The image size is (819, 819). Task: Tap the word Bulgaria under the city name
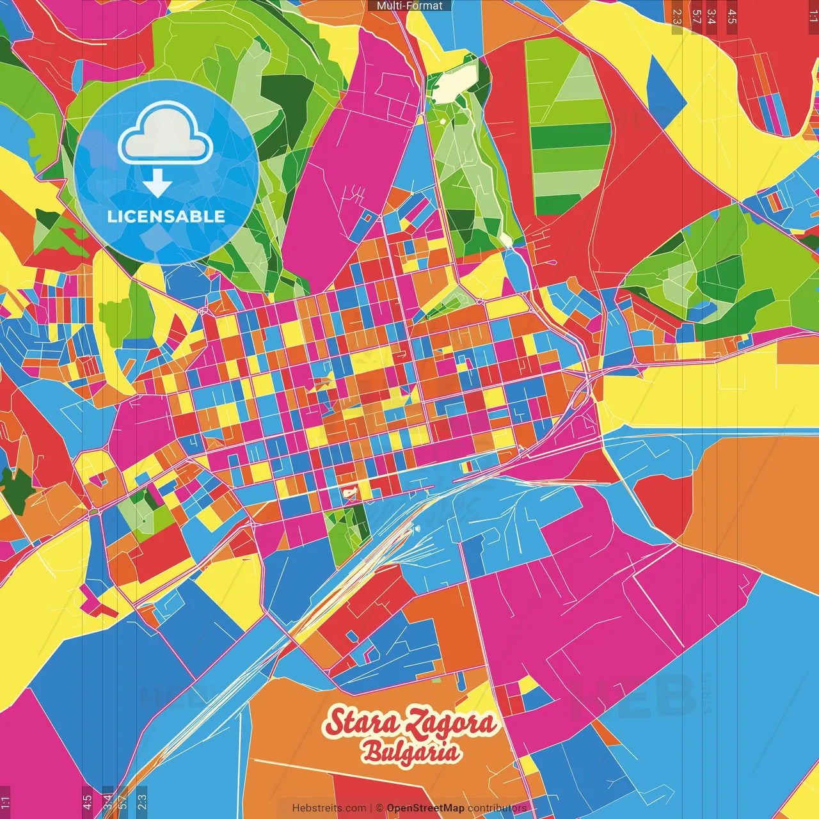pyautogui.click(x=411, y=752)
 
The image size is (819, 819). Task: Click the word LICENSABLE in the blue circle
pyautogui.click(x=166, y=216)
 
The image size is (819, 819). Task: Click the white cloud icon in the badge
pyautogui.click(x=166, y=136)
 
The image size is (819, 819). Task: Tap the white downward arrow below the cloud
pyautogui.click(x=157, y=184)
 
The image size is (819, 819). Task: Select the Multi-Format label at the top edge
pyautogui.click(x=409, y=6)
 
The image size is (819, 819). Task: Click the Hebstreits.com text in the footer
pyautogui.click(x=329, y=808)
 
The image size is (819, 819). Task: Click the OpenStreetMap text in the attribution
pyautogui.click(x=425, y=808)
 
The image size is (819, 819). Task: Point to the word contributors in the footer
pyautogui.click(x=497, y=808)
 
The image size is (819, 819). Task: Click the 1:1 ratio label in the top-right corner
pyautogui.click(x=813, y=16)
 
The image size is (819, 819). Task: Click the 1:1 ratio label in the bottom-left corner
pyautogui.click(x=5, y=802)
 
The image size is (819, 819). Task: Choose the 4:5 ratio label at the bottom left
pyautogui.click(x=87, y=802)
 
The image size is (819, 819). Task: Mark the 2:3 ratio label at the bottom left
pyautogui.click(x=142, y=802)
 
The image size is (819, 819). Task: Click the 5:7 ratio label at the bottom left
pyautogui.click(x=123, y=802)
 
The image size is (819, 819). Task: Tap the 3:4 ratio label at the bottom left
pyautogui.click(x=107, y=802)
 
